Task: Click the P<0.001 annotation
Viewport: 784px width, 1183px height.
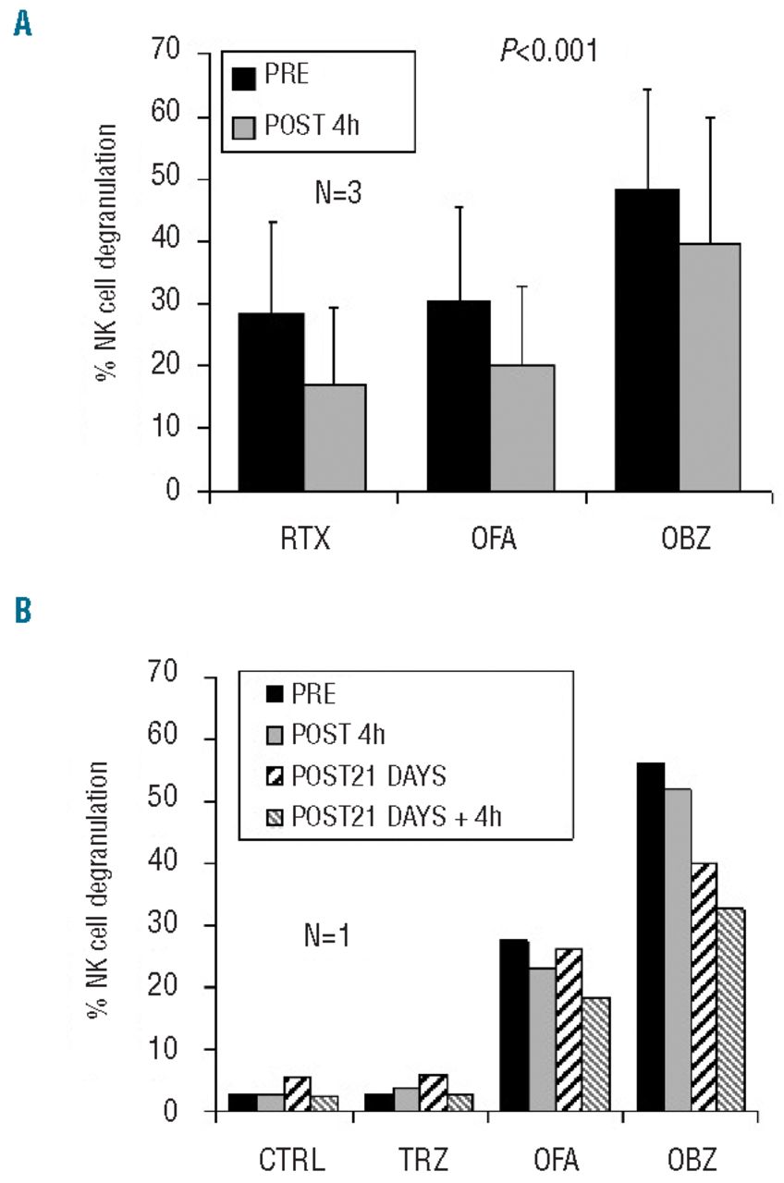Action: point(548,52)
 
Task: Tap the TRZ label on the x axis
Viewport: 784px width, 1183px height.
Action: point(421,1158)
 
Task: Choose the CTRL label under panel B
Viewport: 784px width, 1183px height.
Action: point(285,1158)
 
